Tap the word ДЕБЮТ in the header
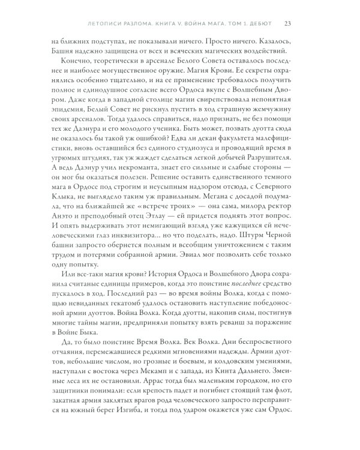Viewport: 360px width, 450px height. tap(259, 23)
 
